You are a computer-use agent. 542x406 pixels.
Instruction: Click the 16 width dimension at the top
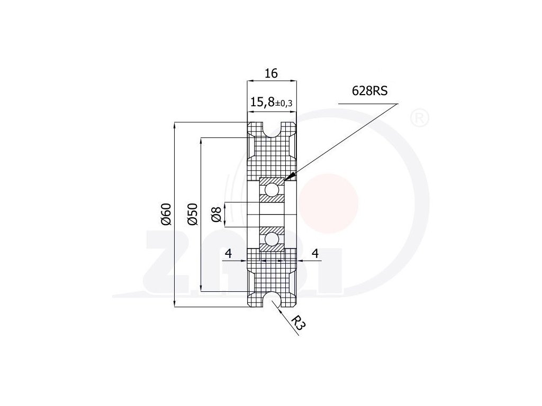tap(271, 73)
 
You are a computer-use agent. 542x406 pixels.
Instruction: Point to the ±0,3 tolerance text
tap(284, 104)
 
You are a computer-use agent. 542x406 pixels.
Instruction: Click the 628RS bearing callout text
tap(369, 91)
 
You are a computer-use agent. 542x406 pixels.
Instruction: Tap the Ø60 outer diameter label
tap(166, 214)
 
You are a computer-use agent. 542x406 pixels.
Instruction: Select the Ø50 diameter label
tap(193, 214)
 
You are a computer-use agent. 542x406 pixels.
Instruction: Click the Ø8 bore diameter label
tap(216, 215)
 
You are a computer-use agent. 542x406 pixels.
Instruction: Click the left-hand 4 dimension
tap(228, 254)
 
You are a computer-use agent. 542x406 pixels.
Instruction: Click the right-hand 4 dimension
tap(315, 254)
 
